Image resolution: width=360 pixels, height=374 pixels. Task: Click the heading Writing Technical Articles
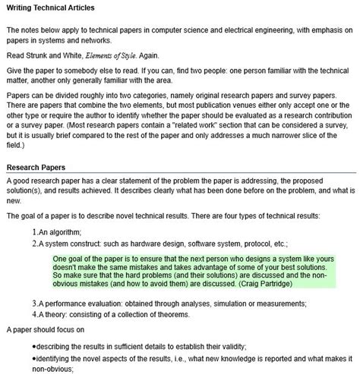(x=51, y=8)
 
